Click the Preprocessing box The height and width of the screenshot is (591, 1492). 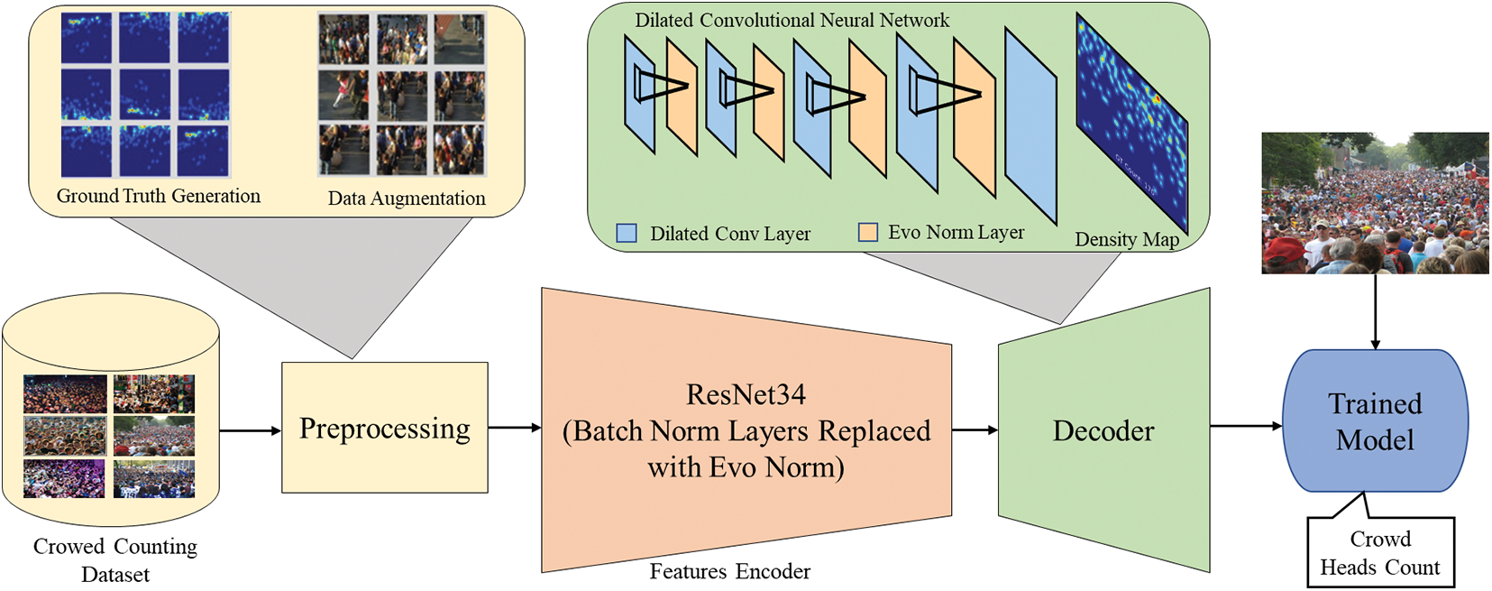(x=385, y=428)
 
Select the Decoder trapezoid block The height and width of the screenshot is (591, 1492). (x=1103, y=431)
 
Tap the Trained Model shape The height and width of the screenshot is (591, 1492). (x=1375, y=421)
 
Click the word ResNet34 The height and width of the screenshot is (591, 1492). (x=746, y=394)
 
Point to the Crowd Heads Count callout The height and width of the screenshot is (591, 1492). (x=1380, y=552)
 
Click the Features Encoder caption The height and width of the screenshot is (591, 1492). (x=729, y=571)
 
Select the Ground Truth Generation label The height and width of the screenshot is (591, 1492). (x=159, y=196)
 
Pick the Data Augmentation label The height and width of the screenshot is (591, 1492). (x=407, y=199)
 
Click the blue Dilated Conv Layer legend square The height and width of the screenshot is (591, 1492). (x=627, y=233)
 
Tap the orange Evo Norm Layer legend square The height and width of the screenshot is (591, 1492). (x=868, y=232)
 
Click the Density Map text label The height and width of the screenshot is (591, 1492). (x=1127, y=239)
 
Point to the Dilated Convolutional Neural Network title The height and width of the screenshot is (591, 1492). (x=792, y=20)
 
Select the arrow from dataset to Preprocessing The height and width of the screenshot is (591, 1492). (x=250, y=430)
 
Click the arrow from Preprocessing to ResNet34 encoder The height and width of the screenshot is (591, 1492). (x=514, y=427)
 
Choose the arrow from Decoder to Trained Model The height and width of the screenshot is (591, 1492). (x=1245, y=426)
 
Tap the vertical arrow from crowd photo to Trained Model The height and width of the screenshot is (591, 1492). (x=1375, y=311)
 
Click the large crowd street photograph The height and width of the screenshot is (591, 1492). (x=1375, y=203)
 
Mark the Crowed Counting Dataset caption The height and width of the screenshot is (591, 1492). (x=115, y=560)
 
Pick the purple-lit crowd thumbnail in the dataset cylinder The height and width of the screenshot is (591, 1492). (x=64, y=478)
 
